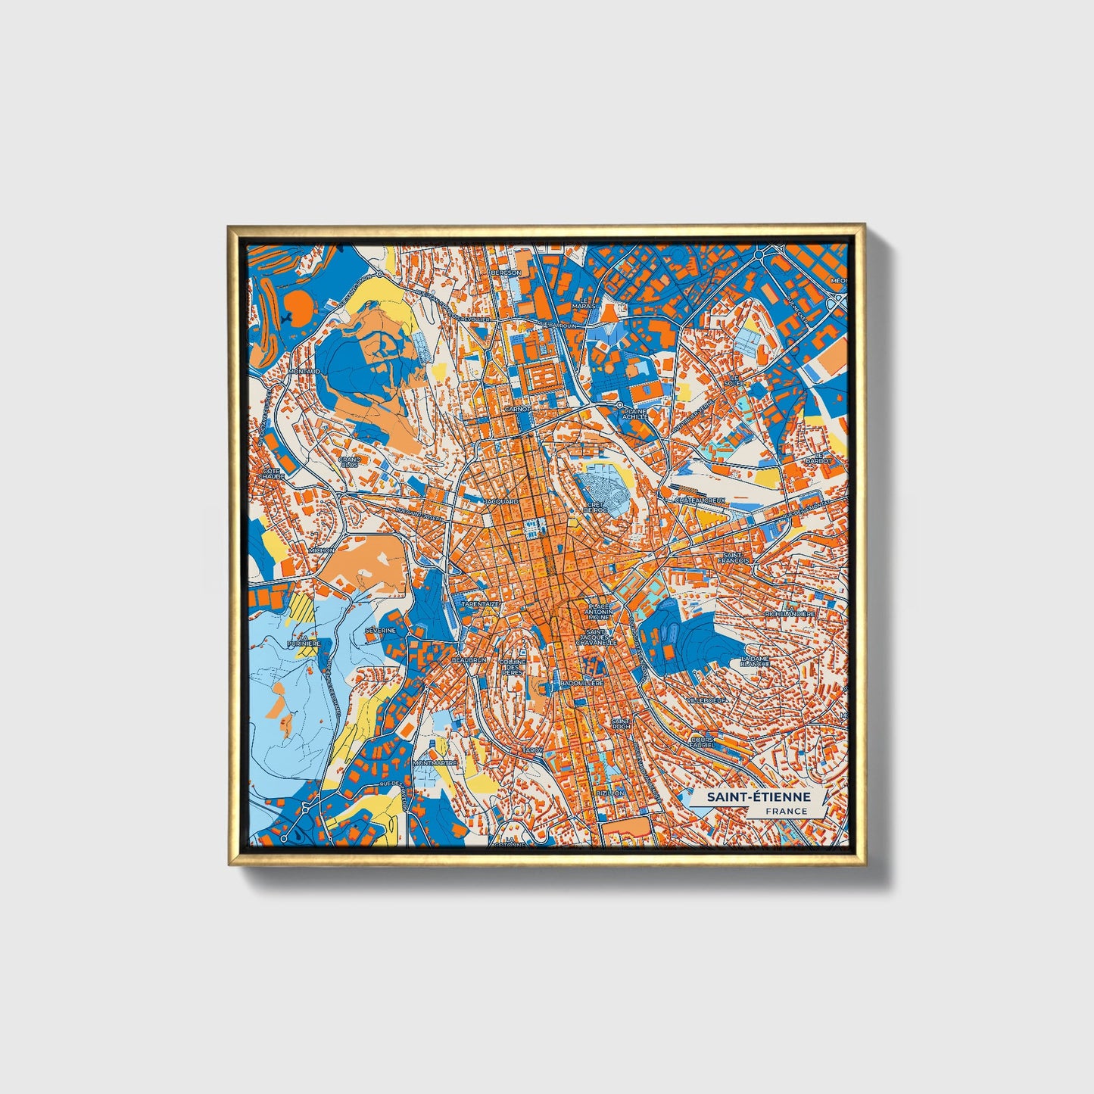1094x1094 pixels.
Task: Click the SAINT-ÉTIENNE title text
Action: click(x=759, y=797)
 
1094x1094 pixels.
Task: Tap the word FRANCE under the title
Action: click(x=785, y=811)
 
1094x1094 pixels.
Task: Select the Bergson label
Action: click(x=506, y=273)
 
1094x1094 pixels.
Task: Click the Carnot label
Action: click(x=517, y=409)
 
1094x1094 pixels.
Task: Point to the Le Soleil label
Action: click(x=734, y=380)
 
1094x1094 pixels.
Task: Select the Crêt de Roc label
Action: click(x=595, y=507)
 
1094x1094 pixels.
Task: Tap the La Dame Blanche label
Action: click(x=755, y=661)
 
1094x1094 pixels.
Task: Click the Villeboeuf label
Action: click(x=707, y=700)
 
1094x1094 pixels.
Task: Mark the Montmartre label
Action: click(x=435, y=763)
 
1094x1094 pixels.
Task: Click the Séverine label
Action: click(x=380, y=630)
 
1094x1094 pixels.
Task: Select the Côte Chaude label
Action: click(x=272, y=473)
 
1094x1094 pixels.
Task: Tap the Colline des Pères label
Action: click(x=512, y=667)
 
